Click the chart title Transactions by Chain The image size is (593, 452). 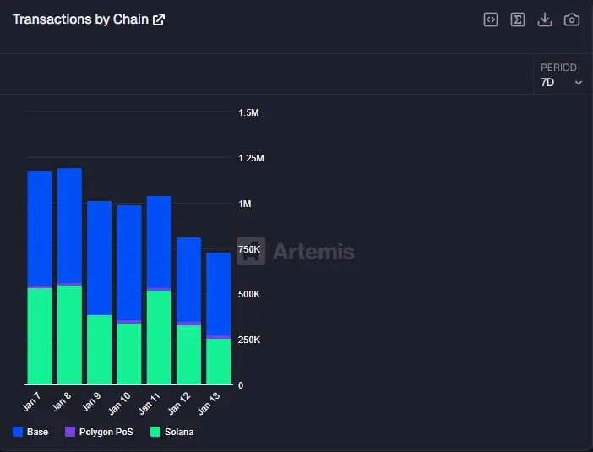80,19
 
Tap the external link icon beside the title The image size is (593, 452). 159,19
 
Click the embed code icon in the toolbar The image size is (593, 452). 491,19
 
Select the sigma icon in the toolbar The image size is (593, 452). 518,19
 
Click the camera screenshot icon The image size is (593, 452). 572,19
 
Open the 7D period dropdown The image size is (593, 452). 561,82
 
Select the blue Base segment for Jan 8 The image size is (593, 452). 69,226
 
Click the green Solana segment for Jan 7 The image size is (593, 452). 40,336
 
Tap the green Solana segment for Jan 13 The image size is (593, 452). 218,362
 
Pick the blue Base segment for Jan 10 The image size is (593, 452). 129,263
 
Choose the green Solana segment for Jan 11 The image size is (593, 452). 159,337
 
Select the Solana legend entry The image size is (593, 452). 172,432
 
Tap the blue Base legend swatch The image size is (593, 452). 18,432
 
